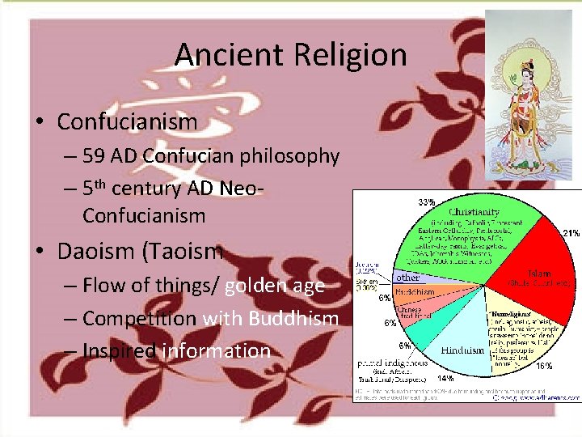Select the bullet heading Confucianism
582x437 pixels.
tap(127, 122)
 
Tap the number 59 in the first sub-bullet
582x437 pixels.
tap(95, 155)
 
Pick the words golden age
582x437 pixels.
tap(275, 286)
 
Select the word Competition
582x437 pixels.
tap(139, 319)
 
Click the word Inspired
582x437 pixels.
tap(119, 351)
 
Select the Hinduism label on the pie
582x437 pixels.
tap(462, 350)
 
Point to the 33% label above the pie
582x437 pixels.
tap(426, 202)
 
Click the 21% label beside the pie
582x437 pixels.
tap(571, 233)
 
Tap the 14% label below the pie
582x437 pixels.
tap(445, 378)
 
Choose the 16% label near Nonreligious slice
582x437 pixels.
tap(544, 365)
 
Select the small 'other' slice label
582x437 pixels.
tap(407, 277)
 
